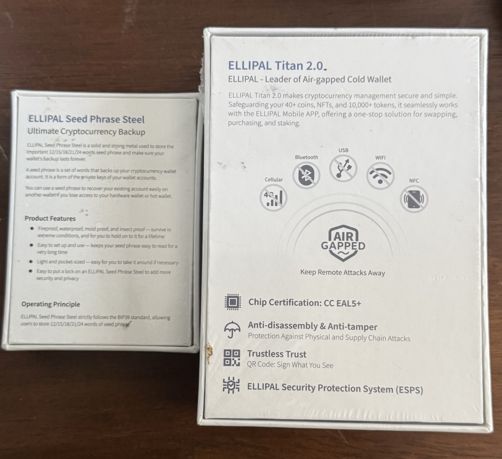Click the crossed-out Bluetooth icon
306,175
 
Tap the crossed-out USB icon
343,168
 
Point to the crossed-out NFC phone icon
414,199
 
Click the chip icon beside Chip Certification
233,302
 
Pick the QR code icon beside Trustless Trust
232,358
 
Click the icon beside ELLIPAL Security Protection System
231,385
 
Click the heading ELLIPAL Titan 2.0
275,66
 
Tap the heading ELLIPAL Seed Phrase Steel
86,119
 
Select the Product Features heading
50,219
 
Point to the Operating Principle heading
51,304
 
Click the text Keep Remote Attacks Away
343,272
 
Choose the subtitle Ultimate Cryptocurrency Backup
86,132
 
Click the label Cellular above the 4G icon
274,180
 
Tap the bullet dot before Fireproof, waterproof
32,229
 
